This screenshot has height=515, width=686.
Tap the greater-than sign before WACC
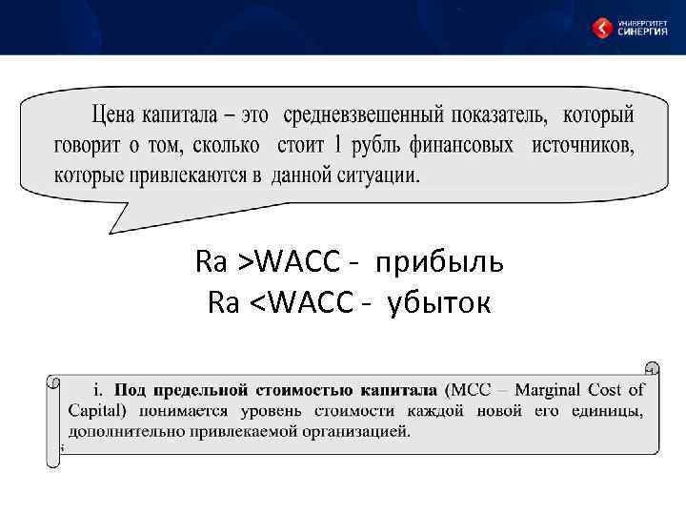[247, 260]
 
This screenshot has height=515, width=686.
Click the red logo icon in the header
[602, 28]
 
